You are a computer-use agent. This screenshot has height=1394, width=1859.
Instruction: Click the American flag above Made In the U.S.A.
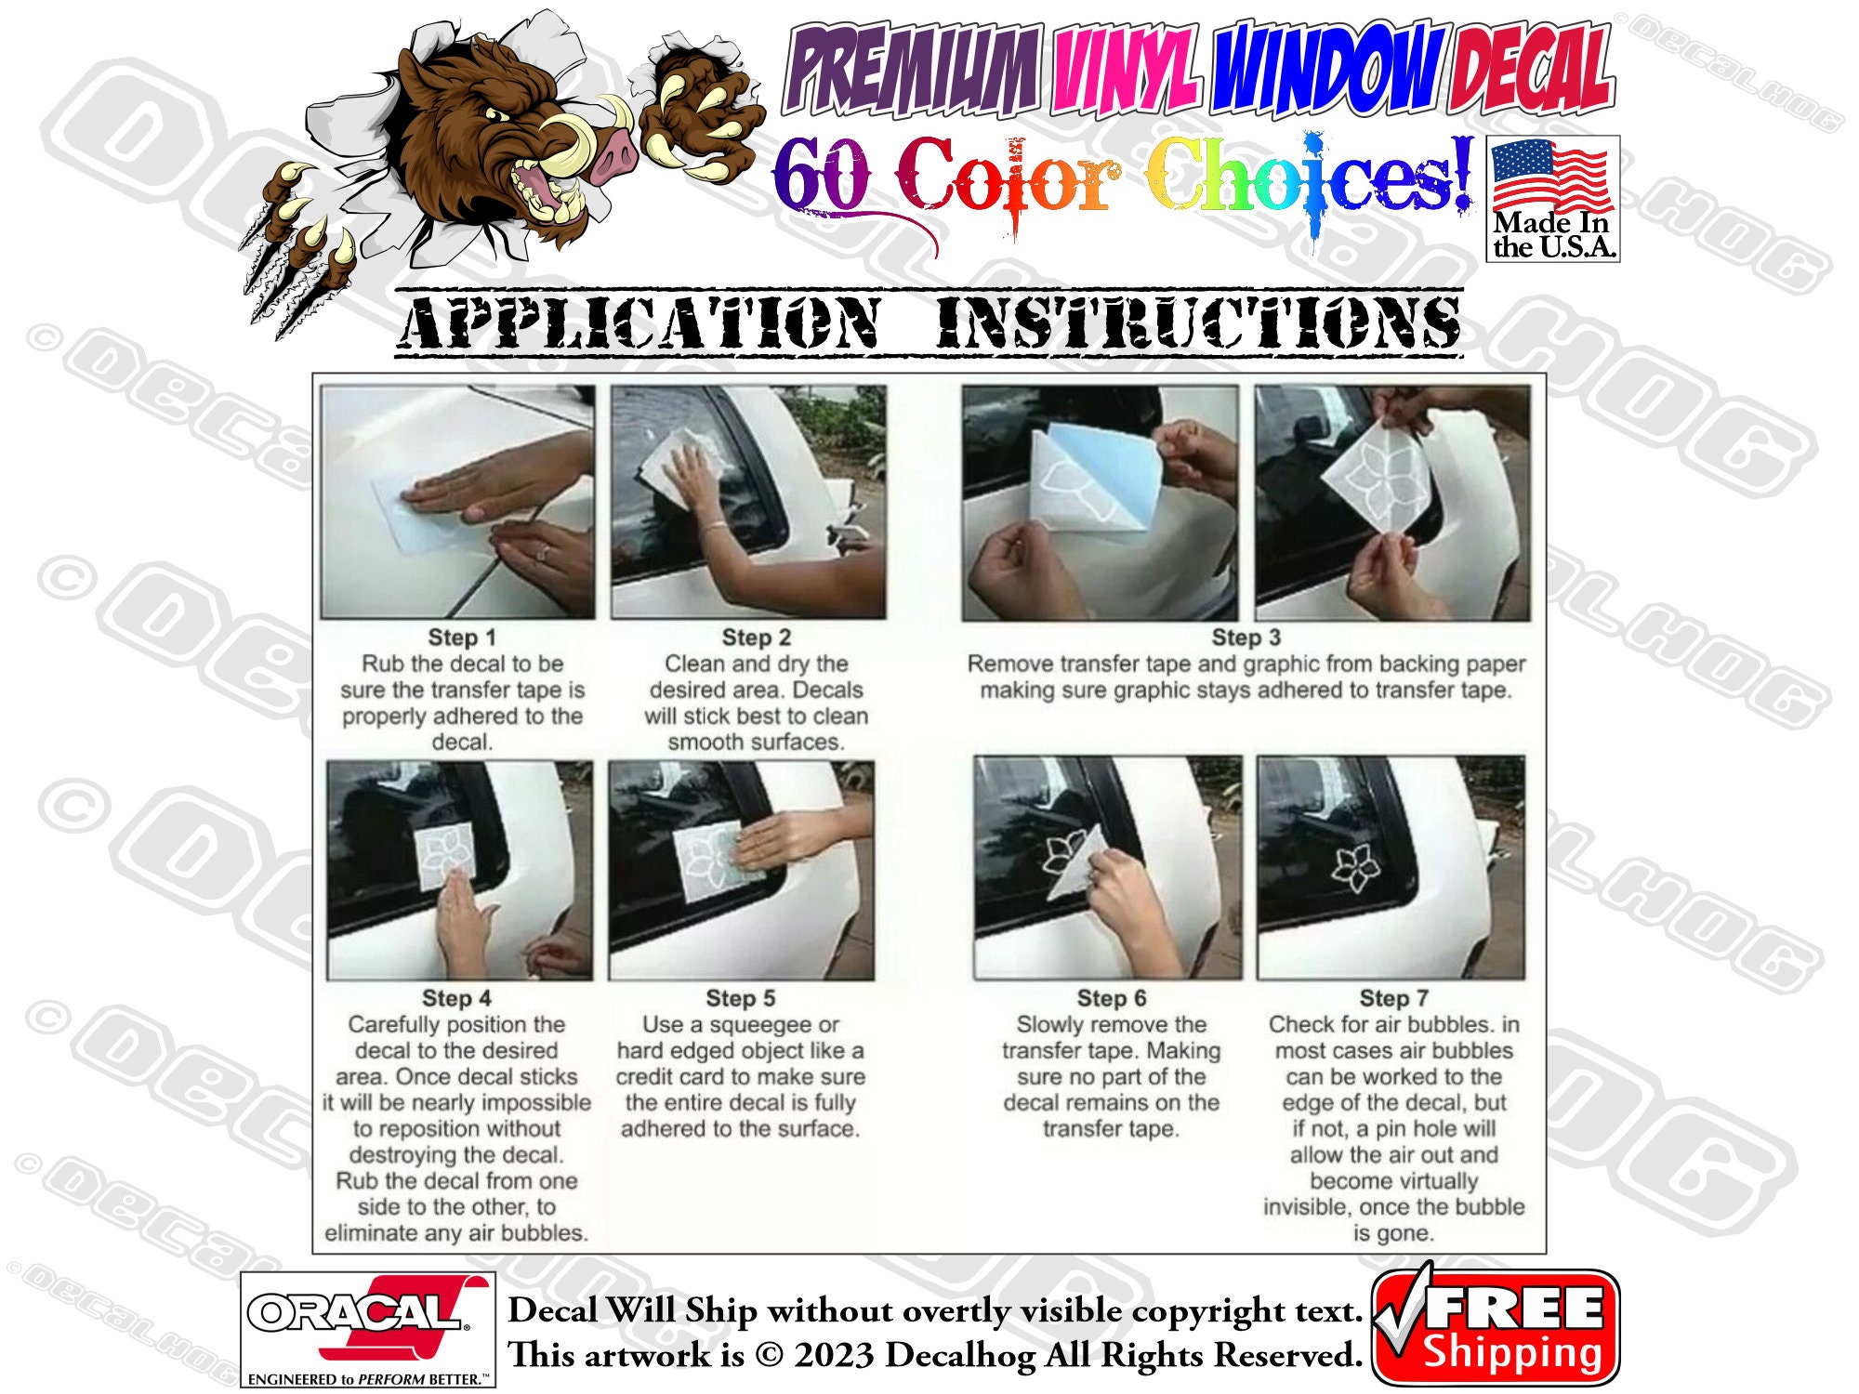click(1551, 177)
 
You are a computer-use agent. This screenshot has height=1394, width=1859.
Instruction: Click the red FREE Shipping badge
click(1496, 1327)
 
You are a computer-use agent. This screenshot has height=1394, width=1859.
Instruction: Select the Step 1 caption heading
click(461, 638)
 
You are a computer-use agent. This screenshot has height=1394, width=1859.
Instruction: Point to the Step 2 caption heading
click(756, 638)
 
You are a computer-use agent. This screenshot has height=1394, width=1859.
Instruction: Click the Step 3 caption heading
click(1246, 638)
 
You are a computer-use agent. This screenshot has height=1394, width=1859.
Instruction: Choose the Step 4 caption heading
click(455, 998)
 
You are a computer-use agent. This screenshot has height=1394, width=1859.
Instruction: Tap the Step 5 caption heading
click(740, 998)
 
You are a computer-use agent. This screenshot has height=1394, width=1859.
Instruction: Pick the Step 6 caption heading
click(1111, 998)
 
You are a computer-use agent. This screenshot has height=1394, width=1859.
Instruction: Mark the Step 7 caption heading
click(1393, 998)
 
